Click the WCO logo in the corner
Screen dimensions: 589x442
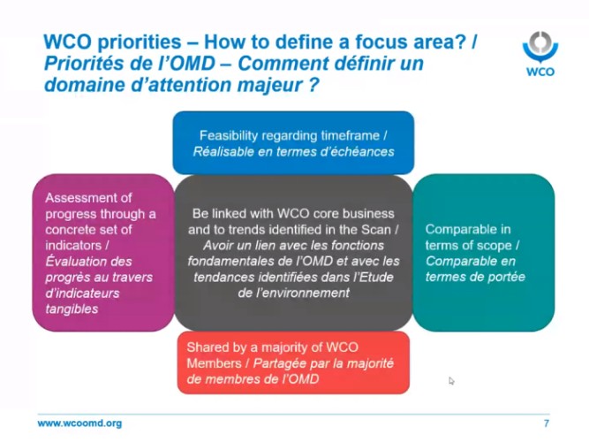tap(540, 54)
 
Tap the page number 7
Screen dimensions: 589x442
tap(547, 423)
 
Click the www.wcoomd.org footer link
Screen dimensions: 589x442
tap(79, 423)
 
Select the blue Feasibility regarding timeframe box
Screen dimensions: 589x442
tap(293, 142)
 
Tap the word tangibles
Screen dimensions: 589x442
tap(72, 309)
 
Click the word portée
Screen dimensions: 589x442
tap(506, 277)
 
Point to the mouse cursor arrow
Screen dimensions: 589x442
tap(451, 381)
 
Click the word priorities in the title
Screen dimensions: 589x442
tap(140, 42)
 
